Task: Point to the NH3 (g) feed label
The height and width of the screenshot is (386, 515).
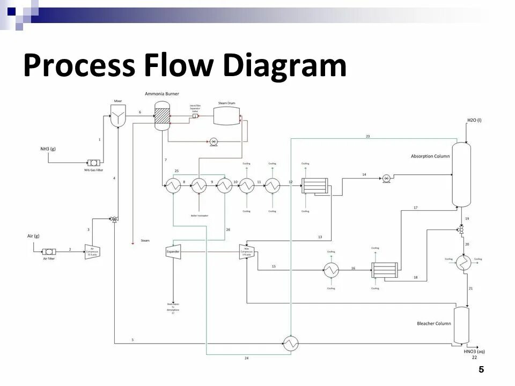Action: pyautogui.click(x=48, y=149)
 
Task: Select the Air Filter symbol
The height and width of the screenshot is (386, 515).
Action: pyautogui.click(x=49, y=251)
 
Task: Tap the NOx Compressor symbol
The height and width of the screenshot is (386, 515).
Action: pyautogui.click(x=246, y=251)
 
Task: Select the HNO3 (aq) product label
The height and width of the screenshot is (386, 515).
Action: pyautogui.click(x=474, y=352)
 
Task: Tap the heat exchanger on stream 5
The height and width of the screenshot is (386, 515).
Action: pyautogui.click(x=291, y=343)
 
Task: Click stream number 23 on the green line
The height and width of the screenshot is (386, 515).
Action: pyautogui.click(x=367, y=136)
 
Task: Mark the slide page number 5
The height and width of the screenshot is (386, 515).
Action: pyautogui.click(x=481, y=369)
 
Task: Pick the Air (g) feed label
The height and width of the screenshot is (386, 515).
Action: pyautogui.click(x=33, y=236)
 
